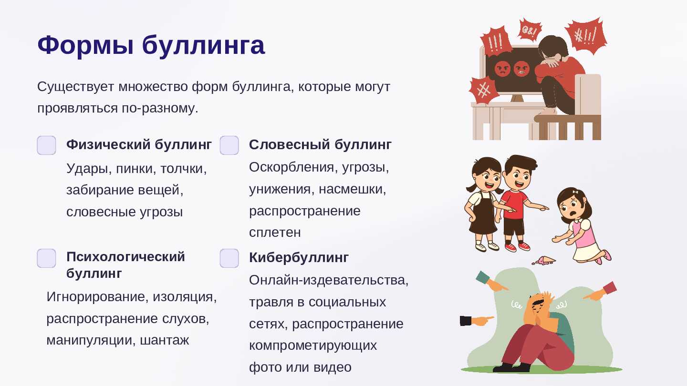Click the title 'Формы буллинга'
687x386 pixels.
click(x=151, y=45)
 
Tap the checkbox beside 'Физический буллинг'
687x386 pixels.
click(x=46, y=145)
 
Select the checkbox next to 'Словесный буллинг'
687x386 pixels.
click(x=229, y=145)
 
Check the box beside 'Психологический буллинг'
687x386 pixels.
click(x=46, y=258)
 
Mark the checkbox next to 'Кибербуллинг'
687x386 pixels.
click(x=229, y=258)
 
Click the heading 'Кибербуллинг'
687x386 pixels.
click(x=299, y=258)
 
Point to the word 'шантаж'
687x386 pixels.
click(x=165, y=340)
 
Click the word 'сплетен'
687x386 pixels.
click(x=275, y=233)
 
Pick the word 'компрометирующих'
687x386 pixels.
click(x=313, y=345)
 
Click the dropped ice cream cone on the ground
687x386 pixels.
click(x=543, y=261)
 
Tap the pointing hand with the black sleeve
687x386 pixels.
click(x=477, y=320)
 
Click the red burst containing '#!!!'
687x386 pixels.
click(x=586, y=36)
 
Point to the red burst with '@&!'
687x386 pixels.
click(x=530, y=30)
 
